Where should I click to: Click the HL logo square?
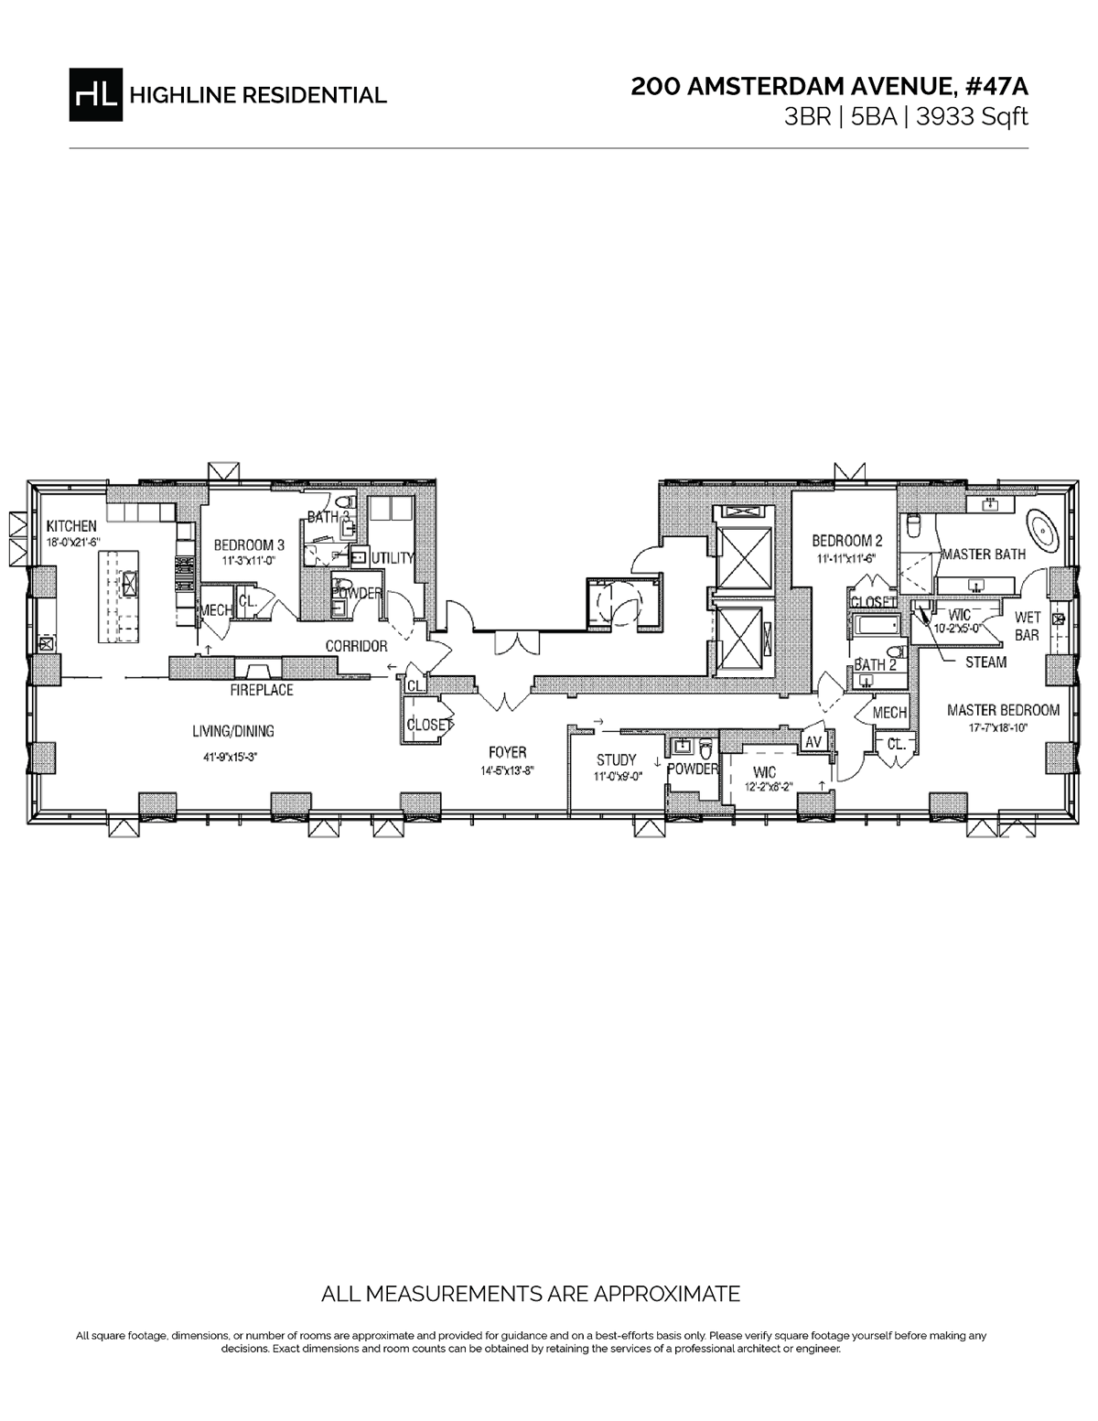(94, 94)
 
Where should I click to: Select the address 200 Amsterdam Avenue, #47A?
(829, 87)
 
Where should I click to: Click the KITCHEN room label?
(71, 526)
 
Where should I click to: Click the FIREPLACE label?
(262, 690)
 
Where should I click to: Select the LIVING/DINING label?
(233, 731)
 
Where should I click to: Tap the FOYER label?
(507, 752)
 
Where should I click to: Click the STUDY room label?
(616, 759)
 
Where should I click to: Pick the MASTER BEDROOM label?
(1003, 709)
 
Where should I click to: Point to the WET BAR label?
(1028, 627)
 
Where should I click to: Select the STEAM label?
(985, 662)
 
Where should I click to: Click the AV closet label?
(813, 743)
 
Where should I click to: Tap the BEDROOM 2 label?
(846, 540)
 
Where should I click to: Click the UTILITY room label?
(393, 557)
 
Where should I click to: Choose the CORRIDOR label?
(356, 646)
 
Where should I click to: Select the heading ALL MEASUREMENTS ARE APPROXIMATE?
(531, 1294)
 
